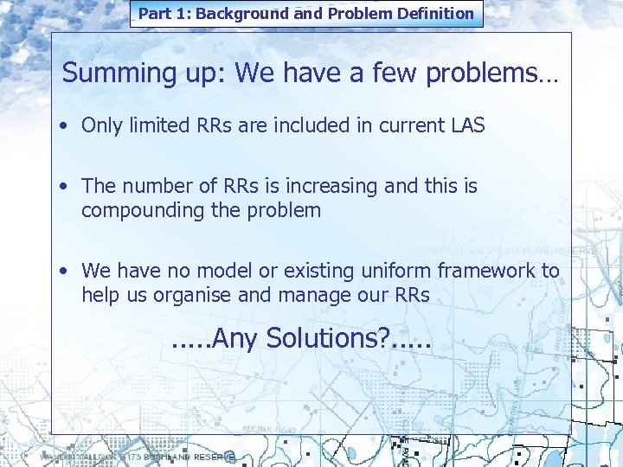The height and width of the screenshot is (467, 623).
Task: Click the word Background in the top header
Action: coord(242,14)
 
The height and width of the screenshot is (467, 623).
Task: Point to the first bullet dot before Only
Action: coord(66,125)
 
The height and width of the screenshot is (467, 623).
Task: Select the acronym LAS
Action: coord(466,125)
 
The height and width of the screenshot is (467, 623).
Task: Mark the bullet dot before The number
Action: coord(66,186)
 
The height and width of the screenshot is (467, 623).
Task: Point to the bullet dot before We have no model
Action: coord(66,271)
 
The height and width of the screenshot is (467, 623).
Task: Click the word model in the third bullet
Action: coord(230,271)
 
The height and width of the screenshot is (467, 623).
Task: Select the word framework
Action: coord(485,271)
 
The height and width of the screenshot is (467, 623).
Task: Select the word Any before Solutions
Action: coord(233,337)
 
